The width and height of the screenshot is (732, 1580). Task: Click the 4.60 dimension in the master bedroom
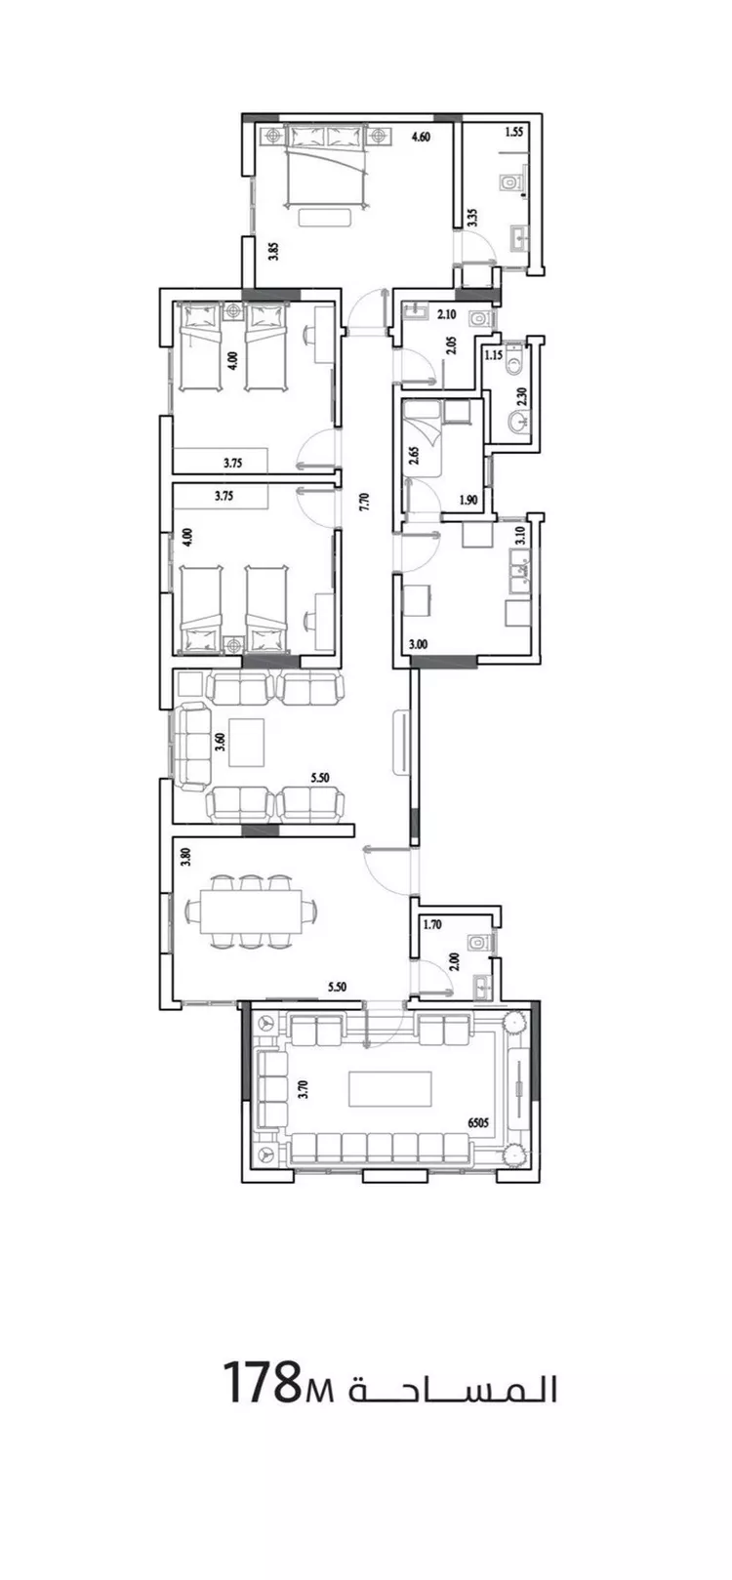[x=421, y=138]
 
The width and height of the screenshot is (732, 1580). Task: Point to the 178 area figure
[x=260, y=1383]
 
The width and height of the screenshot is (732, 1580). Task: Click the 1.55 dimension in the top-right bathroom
[x=513, y=131]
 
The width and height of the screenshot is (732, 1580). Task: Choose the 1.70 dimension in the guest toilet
[x=432, y=924]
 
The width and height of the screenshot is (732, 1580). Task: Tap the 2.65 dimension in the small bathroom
[x=414, y=453]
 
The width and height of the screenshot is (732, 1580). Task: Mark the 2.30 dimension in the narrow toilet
[x=521, y=395]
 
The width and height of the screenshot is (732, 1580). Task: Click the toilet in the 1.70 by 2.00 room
[x=478, y=942]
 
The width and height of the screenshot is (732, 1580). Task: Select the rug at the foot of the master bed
[x=325, y=218]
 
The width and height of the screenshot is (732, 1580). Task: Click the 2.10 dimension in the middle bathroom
[x=446, y=315]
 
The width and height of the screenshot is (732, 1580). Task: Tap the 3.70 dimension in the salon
[x=304, y=1090]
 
